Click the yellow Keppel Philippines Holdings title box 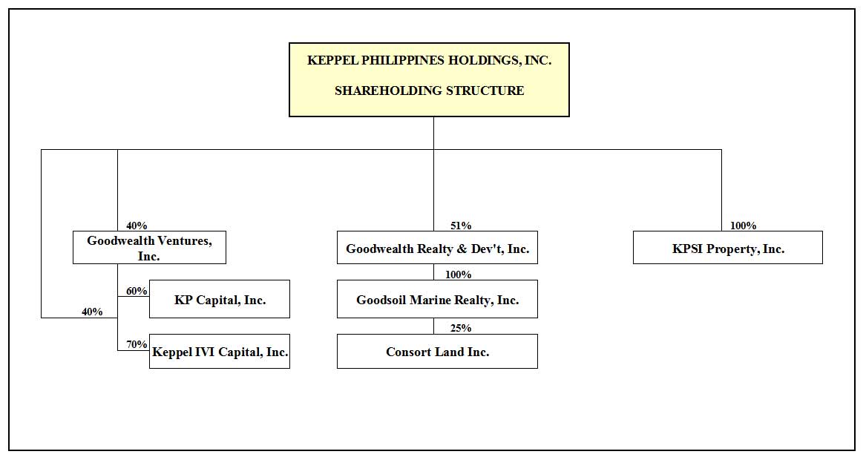pyautogui.click(x=429, y=79)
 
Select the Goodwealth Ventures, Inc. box pyautogui.click(x=149, y=247)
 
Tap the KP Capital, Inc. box pyautogui.click(x=219, y=299)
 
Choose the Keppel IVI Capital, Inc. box pyautogui.click(x=219, y=351)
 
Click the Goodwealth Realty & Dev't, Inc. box pyautogui.click(x=437, y=247)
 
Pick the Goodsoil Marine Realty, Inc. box pyautogui.click(x=437, y=299)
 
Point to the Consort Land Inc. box pyautogui.click(x=437, y=351)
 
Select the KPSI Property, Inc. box pyautogui.click(x=727, y=247)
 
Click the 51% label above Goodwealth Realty pyautogui.click(x=461, y=226)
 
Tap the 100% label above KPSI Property pyautogui.click(x=743, y=226)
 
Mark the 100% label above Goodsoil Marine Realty pyautogui.click(x=458, y=275)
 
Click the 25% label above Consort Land pyautogui.click(x=461, y=328)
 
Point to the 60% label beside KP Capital pyautogui.click(x=137, y=291)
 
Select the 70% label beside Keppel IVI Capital pyautogui.click(x=137, y=344)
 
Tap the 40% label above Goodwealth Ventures pyautogui.click(x=137, y=226)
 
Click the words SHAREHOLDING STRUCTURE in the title pyautogui.click(x=429, y=91)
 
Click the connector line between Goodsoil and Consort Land pyautogui.click(x=433, y=326)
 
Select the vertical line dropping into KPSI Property pyautogui.click(x=721, y=190)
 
